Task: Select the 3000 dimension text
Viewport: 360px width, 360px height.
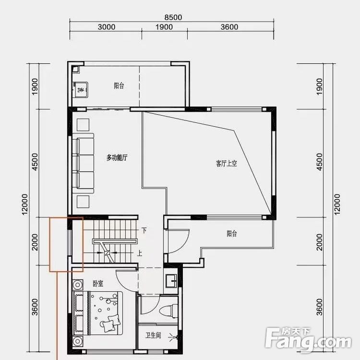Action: (x=106, y=27)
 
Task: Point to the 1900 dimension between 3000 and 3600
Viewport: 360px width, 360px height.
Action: (x=164, y=27)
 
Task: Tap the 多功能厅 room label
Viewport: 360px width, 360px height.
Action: (x=117, y=157)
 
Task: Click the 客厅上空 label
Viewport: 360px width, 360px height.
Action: (x=227, y=163)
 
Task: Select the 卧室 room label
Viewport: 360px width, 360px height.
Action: (x=98, y=284)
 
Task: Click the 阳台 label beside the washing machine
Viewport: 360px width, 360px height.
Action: (x=119, y=86)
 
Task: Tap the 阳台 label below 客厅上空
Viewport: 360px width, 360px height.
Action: (x=232, y=234)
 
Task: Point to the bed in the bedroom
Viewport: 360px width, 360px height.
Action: (x=98, y=313)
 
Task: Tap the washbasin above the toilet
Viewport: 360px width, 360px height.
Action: (x=171, y=280)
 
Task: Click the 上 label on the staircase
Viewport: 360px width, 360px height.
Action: (x=140, y=253)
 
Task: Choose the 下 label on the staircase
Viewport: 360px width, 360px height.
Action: (x=144, y=230)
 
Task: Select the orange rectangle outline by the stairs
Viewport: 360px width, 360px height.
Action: (x=67, y=244)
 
